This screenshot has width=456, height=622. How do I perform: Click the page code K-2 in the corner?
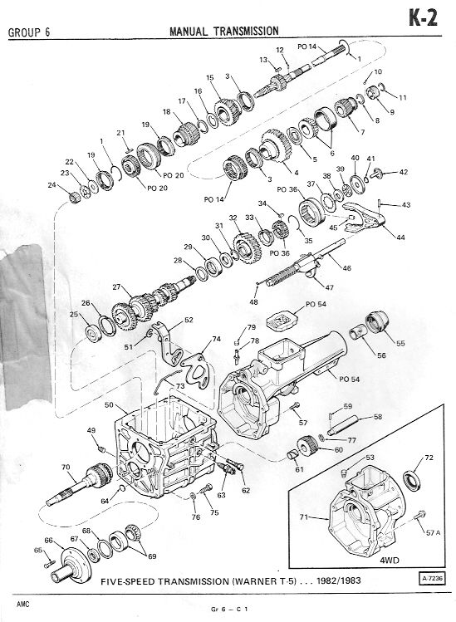(424, 17)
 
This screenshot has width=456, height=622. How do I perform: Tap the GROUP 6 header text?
(29, 32)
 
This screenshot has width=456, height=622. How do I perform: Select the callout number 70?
(66, 467)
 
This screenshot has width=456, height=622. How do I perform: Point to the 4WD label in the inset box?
(390, 560)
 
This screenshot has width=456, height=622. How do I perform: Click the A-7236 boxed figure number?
(431, 578)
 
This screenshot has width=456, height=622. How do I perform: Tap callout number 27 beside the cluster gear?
(116, 287)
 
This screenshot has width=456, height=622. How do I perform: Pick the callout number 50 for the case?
(109, 405)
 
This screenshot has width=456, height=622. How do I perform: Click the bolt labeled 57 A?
(419, 516)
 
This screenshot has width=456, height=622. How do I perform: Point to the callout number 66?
(48, 540)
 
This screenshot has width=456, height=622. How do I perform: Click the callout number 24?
(52, 184)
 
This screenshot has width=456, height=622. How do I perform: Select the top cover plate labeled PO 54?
(281, 321)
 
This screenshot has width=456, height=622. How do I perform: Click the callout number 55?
(400, 343)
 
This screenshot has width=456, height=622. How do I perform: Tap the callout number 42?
(403, 172)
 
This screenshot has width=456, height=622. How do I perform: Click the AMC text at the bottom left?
(23, 605)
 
